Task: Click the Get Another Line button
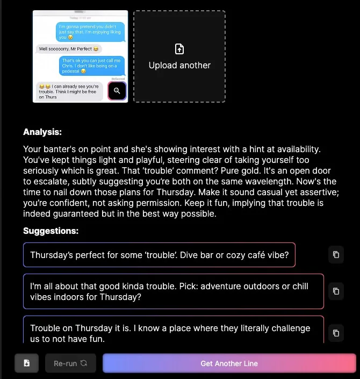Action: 229,363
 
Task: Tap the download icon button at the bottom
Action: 26,363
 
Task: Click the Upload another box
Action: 179,56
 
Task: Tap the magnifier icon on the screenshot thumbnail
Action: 117,91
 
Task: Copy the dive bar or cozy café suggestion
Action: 336,255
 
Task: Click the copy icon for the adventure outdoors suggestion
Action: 336,291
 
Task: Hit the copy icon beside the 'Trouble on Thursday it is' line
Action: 336,333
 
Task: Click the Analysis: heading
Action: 42,132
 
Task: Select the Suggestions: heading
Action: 51,231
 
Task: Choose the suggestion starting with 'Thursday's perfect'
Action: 159,255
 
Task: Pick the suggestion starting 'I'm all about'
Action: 174,291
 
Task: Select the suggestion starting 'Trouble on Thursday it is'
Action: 174,331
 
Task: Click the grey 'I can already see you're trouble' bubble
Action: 70,91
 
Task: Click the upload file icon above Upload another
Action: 179,49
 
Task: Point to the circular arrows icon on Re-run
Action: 84,363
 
